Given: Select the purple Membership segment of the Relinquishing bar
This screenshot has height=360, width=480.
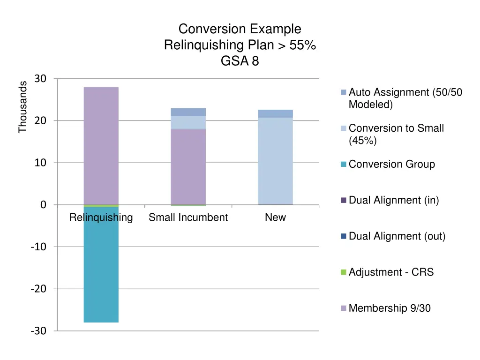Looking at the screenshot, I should [x=101, y=145].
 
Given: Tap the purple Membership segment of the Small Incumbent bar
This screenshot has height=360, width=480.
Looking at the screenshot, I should [x=188, y=166].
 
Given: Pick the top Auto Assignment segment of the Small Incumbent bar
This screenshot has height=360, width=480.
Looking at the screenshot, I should [x=188, y=112].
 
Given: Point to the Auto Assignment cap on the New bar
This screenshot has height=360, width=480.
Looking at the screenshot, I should [x=275, y=113].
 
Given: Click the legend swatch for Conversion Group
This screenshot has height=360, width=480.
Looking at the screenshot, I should [x=344, y=165].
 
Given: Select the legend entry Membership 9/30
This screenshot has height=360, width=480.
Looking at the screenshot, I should [x=390, y=308].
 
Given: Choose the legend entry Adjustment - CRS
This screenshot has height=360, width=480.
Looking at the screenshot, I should [x=391, y=272].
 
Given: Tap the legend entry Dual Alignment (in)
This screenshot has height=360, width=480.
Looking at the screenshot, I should [x=394, y=201].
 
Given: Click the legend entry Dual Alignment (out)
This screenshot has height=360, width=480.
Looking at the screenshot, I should [x=397, y=236].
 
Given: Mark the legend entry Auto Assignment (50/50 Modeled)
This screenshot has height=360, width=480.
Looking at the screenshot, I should [x=405, y=98].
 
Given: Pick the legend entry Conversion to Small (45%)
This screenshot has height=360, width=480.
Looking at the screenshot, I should [x=396, y=134].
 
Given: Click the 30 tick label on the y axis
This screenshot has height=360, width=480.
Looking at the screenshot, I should [x=40, y=79].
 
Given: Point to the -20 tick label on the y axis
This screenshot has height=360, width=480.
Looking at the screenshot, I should [x=38, y=289].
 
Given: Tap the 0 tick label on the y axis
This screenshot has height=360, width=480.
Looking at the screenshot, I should [x=43, y=205].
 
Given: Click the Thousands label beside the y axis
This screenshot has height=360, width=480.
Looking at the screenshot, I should [x=22, y=107].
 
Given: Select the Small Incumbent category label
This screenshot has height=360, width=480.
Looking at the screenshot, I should [x=188, y=218].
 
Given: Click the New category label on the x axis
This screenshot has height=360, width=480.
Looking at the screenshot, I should [x=275, y=218].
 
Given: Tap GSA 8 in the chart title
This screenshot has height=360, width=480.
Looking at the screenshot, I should [x=240, y=61].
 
